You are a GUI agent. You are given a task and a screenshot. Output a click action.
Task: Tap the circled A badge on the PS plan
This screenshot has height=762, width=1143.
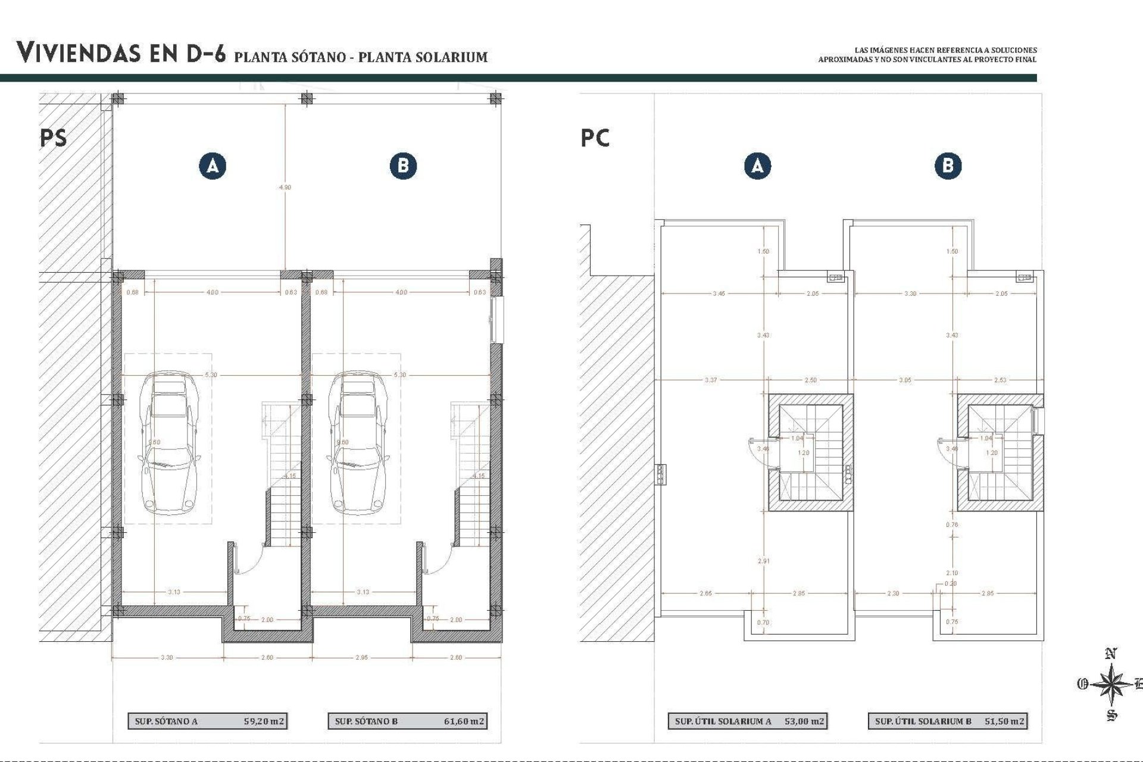click(x=213, y=165)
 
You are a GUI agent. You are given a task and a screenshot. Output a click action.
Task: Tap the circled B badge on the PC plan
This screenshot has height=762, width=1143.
click(x=948, y=165)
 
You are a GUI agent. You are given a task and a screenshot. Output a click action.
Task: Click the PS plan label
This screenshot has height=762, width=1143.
click(x=53, y=138)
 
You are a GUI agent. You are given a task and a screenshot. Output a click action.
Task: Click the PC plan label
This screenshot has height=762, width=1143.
click(x=595, y=138)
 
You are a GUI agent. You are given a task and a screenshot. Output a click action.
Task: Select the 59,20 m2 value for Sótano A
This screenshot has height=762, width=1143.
click(x=264, y=721)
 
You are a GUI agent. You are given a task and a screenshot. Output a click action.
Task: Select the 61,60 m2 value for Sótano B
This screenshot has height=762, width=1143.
click(x=464, y=721)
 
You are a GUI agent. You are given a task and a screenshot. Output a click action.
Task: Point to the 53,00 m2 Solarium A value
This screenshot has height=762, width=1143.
click(x=804, y=721)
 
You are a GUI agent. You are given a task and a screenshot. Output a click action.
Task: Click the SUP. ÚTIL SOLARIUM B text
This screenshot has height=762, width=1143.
click(x=923, y=721)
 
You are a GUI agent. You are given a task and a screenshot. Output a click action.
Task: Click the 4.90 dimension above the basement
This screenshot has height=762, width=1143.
click(x=285, y=187)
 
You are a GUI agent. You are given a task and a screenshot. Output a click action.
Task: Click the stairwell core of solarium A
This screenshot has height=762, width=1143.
click(x=810, y=452)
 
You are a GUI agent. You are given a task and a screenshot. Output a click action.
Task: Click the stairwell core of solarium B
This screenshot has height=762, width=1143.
click(x=1000, y=452)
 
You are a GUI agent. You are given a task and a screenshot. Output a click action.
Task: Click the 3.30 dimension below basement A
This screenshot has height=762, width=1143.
click(x=167, y=657)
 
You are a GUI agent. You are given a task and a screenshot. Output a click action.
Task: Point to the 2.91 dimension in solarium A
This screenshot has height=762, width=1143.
click(x=763, y=561)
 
